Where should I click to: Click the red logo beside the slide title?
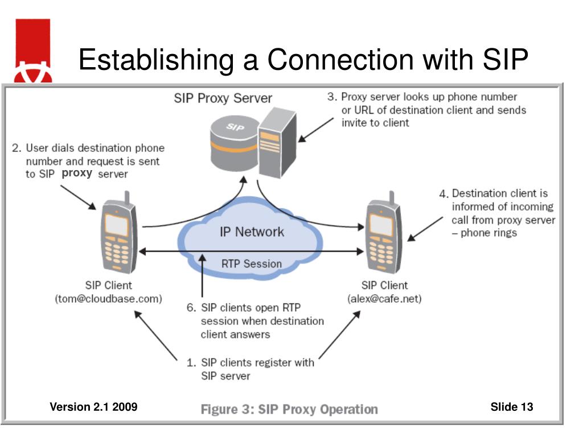pyautogui.click(x=33, y=51)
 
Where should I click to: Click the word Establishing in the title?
pyautogui.click(x=156, y=59)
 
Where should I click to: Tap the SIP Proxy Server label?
pyautogui.click(x=223, y=98)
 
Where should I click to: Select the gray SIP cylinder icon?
pyautogui.click(x=235, y=143)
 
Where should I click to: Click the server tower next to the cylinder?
pyautogui.click(x=277, y=142)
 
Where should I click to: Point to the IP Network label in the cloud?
pyautogui.click(x=252, y=232)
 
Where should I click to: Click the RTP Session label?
pyautogui.click(x=252, y=264)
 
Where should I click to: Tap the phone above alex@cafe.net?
pyautogui.click(x=384, y=233)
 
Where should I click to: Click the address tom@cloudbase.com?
pyautogui.click(x=109, y=299)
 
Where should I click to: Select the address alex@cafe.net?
pyautogui.click(x=384, y=299)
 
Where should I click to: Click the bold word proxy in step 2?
pyautogui.click(x=77, y=174)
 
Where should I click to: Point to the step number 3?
pyautogui.click(x=332, y=97)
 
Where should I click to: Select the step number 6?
pyautogui.click(x=191, y=308)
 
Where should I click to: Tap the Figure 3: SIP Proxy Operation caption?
pyautogui.click(x=289, y=410)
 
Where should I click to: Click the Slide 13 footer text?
pyautogui.click(x=512, y=407)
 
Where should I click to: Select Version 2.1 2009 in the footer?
pyautogui.click(x=94, y=407)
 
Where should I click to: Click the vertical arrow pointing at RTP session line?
pyautogui.click(x=202, y=276)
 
